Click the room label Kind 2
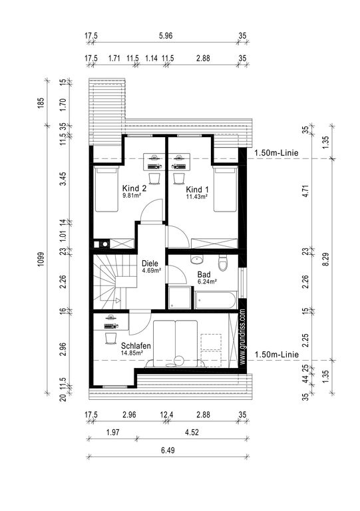pos(134,188)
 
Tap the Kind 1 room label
pos(197,190)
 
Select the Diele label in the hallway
pos(150,263)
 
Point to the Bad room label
pos(204,274)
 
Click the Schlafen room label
pos(136,346)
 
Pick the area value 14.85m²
pos(132,353)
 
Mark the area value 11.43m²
pos(197,196)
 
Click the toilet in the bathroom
pos(223,263)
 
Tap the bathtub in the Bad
pos(216,300)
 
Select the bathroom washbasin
pos(197,259)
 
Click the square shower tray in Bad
pos(180,297)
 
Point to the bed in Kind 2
pos(106,190)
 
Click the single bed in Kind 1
pos(225,190)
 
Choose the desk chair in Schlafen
pos(110,339)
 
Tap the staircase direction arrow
pos(118,301)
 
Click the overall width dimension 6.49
pos(168,450)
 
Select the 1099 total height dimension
pos(41,259)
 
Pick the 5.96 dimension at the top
pos(166,35)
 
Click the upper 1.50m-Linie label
pos(276,152)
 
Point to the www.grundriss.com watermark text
pos(242,337)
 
